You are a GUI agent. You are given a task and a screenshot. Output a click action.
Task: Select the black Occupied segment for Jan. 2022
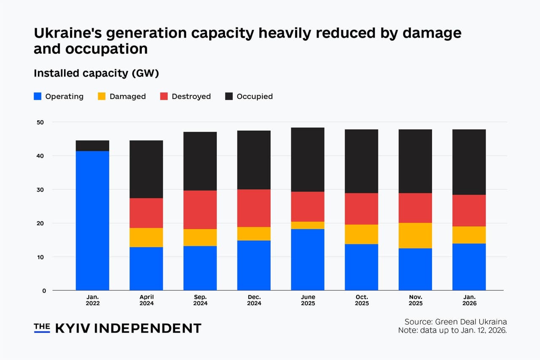pos(92,146)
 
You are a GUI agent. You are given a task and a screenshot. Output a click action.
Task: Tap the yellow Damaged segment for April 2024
pos(146,237)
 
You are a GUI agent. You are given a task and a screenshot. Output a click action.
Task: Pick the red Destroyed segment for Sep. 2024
pos(200,209)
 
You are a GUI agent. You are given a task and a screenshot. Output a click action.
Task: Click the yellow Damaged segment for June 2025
pos(308,225)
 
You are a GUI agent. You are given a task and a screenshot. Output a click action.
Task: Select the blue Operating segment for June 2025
pos(308,260)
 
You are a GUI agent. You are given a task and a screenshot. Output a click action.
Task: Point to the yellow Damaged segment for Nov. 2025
pos(415,235)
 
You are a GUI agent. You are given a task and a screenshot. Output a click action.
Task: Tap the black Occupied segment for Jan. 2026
pos(469,162)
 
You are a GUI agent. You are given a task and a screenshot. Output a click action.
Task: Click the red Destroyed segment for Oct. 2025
pos(361,209)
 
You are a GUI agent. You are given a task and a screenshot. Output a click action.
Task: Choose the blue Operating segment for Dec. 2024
pos(254,265)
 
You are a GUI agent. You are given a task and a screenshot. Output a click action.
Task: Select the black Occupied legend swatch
pos(229,96)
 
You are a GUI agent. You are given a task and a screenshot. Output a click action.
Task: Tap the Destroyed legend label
pos(191,96)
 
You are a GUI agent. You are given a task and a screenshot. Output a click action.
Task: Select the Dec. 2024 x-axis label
pos(254,300)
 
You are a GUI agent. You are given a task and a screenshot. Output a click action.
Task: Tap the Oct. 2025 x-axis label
pos(361,300)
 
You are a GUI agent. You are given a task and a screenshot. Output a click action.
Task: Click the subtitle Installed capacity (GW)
pos(96,73)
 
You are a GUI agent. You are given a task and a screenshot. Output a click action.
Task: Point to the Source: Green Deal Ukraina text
pos(456,322)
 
